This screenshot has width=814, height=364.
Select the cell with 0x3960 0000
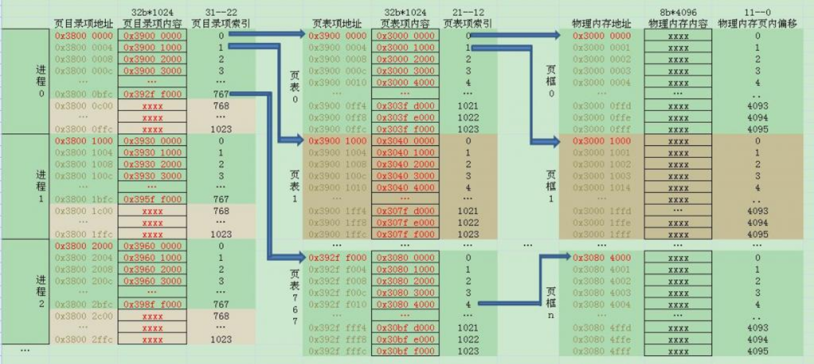[x=153, y=246]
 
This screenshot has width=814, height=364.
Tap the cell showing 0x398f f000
[x=153, y=305]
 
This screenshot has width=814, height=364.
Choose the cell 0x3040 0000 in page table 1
[x=406, y=140]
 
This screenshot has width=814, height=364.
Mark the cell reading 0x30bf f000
[x=406, y=351]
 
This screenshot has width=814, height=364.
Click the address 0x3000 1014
[x=601, y=187]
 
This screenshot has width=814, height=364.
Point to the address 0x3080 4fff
[x=601, y=351]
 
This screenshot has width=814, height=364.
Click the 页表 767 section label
[x=295, y=297]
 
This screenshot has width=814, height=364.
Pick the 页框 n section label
[x=550, y=304]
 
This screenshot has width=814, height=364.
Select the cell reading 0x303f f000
[x=406, y=129]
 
